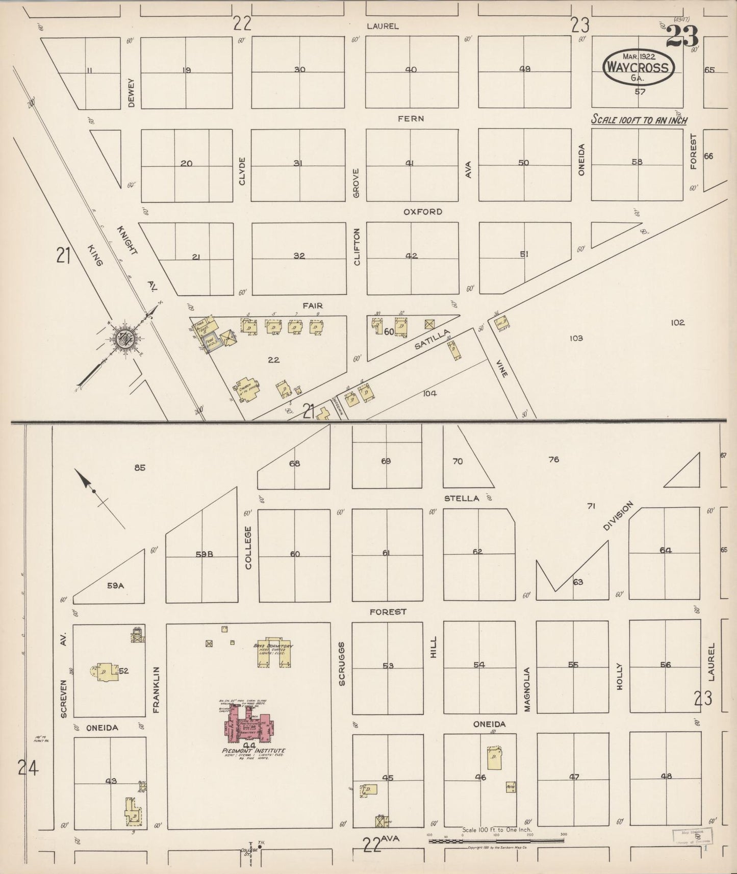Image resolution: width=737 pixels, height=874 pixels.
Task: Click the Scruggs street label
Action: [342, 663]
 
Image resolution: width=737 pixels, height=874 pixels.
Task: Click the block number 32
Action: [299, 256]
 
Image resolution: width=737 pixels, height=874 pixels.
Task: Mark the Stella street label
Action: [462, 498]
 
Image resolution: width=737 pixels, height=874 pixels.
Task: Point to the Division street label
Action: [618, 516]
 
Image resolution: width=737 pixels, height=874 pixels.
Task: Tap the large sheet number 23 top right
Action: [681, 37]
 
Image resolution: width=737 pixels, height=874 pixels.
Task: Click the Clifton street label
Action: [357, 247]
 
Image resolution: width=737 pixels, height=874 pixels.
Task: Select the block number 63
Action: [577, 582]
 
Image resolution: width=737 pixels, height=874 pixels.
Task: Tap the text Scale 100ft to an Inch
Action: [639, 120]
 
